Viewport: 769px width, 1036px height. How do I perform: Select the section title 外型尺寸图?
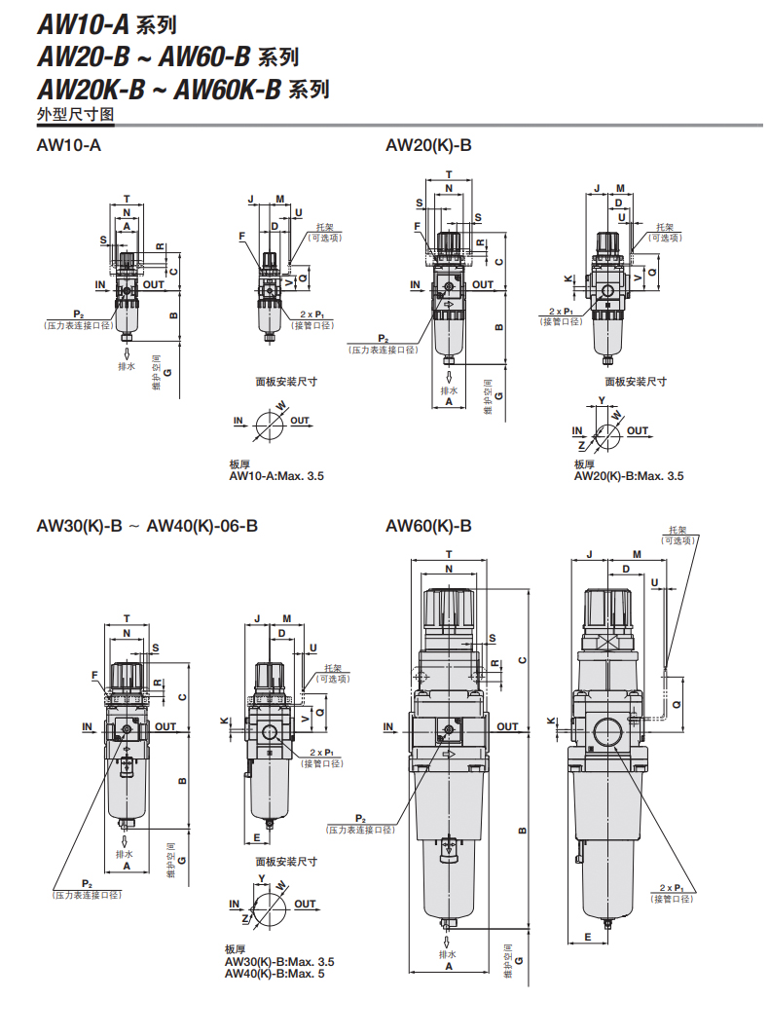[75, 114]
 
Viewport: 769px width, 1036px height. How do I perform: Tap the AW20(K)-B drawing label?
[428, 146]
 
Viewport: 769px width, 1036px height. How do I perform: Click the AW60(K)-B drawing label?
[428, 527]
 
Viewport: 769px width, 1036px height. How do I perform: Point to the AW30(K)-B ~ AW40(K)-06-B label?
[147, 527]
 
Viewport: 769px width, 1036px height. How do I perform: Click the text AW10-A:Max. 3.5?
[276, 476]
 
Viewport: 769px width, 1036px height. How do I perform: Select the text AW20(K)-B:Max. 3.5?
[629, 476]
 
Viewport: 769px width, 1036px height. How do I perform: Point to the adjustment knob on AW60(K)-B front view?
[448, 611]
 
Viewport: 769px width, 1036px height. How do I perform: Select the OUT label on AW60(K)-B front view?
[507, 726]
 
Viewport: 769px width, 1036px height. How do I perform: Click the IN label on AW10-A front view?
[100, 285]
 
